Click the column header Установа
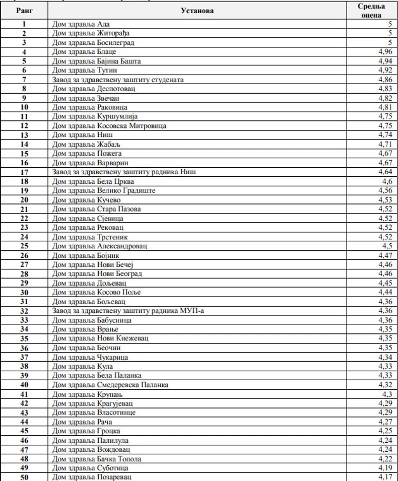coord(197,10)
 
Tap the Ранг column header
coord(25,10)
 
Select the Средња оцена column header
coord(371,11)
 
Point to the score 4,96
coord(384,52)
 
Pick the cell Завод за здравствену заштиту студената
coord(118,80)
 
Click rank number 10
coord(24,107)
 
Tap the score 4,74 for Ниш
coord(384,135)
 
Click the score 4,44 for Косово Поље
coord(384,292)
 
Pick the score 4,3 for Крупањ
coord(386,393)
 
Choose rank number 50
coord(24,476)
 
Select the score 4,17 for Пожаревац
coord(384,476)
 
